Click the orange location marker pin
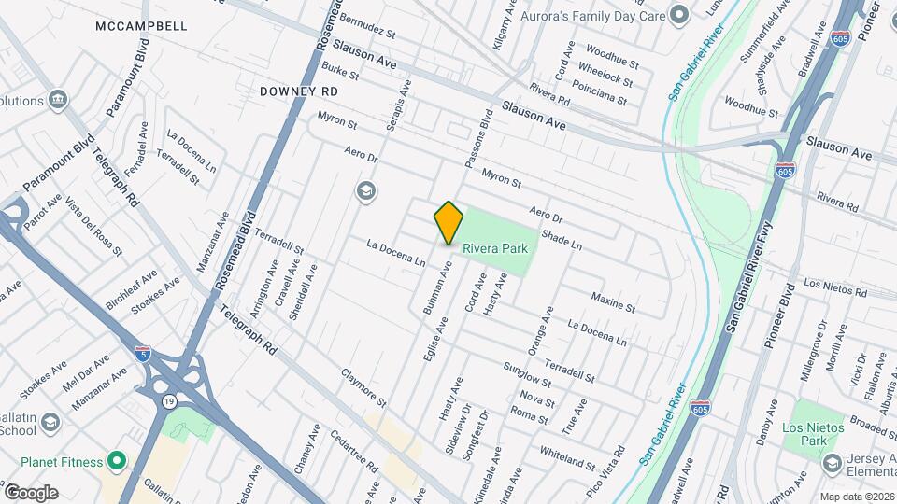click(x=448, y=223)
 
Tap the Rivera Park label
click(x=495, y=248)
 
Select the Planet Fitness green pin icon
click(x=116, y=460)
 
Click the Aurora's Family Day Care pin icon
click(x=679, y=14)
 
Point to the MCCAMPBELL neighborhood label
click(x=141, y=26)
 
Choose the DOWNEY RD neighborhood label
click(x=298, y=91)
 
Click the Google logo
click(x=31, y=492)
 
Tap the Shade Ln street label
click(x=561, y=240)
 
